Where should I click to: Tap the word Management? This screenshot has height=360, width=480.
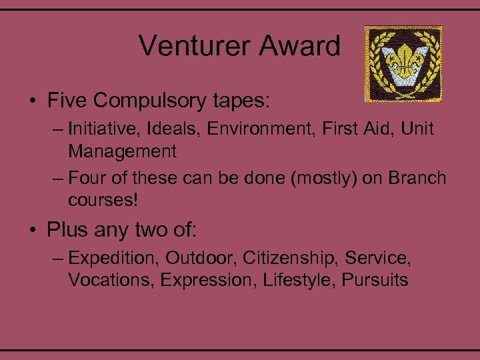(x=122, y=151)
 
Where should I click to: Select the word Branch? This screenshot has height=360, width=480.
(x=417, y=179)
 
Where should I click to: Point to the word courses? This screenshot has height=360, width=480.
(x=100, y=201)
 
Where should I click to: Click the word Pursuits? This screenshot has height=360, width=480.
(x=375, y=280)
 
